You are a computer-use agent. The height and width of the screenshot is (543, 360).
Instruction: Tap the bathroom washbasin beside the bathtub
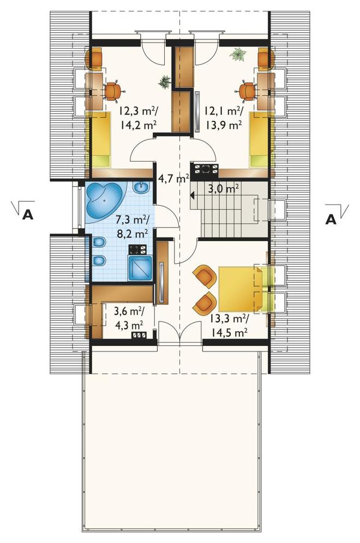[141, 188]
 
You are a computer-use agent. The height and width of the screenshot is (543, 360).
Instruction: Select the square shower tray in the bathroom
[140, 268]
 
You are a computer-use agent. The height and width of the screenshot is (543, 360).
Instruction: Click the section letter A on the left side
[27, 216]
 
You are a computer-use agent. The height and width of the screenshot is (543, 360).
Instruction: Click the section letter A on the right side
[331, 219]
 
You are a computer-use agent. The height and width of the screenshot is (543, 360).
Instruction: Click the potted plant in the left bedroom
[165, 82]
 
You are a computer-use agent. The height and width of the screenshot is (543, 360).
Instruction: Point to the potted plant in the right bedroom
[238, 55]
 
